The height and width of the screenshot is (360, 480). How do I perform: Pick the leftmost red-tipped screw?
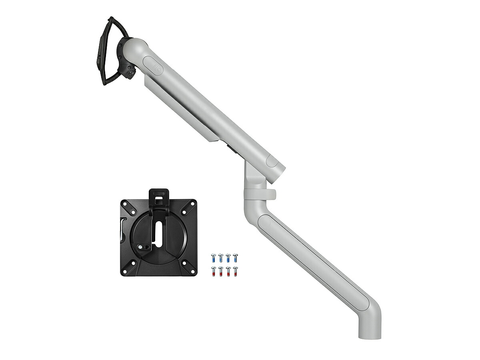(x=213, y=271)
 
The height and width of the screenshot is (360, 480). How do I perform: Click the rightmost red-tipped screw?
(x=235, y=271)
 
